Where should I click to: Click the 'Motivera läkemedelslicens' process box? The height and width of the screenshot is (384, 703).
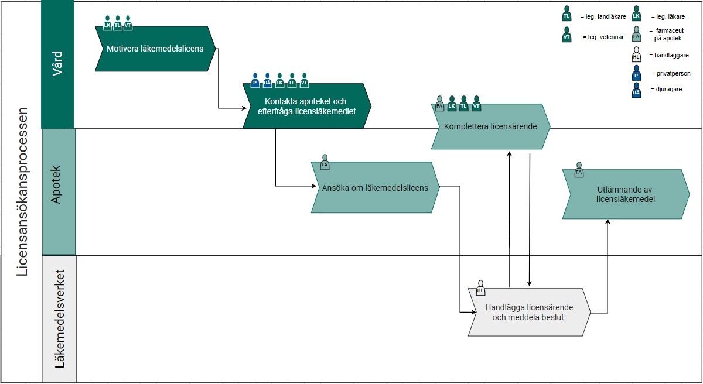pos(155,49)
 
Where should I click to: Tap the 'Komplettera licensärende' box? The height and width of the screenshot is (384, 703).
pos(490,126)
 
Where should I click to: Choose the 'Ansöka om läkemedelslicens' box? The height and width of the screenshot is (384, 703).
pos(375,188)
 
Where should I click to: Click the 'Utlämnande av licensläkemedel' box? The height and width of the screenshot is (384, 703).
pos(625,194)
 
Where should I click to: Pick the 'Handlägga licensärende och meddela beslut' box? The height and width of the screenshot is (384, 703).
pos(528,312)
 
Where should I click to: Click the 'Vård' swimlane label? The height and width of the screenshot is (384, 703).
pos(57,64)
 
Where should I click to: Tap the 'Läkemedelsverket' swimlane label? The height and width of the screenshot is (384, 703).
pos(59,319)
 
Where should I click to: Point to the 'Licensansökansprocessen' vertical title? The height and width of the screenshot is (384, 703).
pos(22,192)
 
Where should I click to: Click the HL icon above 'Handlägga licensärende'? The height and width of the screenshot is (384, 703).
pos(481,287)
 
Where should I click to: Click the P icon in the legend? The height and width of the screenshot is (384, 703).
pos(636,73)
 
